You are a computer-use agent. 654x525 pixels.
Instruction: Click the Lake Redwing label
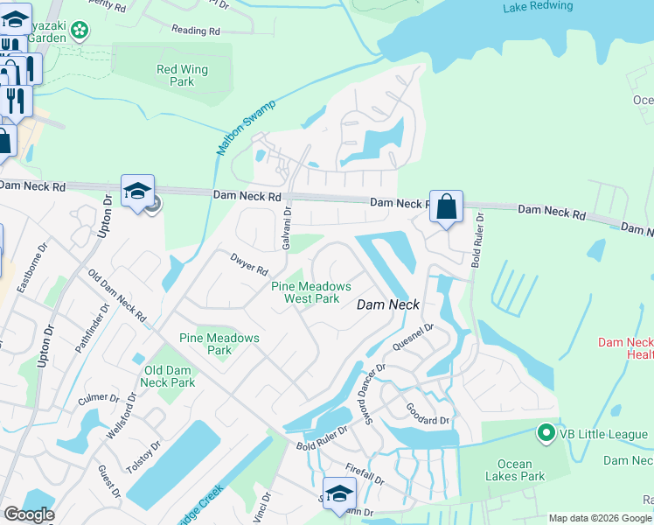[x=538, y=6]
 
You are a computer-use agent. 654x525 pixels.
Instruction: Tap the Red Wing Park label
[x=175, y=75]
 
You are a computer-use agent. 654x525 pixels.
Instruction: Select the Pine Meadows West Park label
[x=311, y=292]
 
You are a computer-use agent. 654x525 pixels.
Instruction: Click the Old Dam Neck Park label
[x=168, y=376]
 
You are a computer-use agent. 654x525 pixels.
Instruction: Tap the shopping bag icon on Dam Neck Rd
[x=446, y=207]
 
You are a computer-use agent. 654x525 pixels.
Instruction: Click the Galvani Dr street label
[x=288, y=230]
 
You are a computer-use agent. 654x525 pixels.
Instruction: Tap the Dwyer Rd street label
[x=249, y=263]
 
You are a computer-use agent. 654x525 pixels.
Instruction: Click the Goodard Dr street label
[x=427, y=414]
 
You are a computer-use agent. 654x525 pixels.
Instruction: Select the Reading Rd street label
[x=196, y=31]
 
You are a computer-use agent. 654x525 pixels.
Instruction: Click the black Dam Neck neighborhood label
[x=389, y=304]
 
